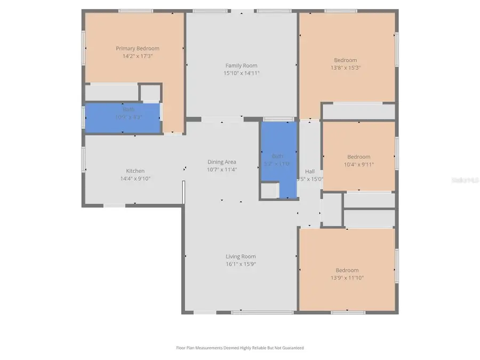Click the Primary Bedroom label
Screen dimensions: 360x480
tap(138, 49)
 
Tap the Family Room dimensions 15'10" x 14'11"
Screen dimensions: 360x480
tap(241, 73)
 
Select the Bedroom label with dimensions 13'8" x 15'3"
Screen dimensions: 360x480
tap(346, 60)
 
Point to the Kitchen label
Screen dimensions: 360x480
tap(135, 171)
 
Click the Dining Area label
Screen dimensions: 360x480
tap(222, 162)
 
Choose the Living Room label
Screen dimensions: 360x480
tap(241, 257)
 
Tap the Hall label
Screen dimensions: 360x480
tap(309, 171)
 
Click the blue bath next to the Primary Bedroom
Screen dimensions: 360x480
tap(123, 117)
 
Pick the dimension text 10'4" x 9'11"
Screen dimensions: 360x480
tap(358, 164)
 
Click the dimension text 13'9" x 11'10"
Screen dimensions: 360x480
tap(347, 278)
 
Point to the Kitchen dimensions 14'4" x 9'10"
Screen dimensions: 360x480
tap(135, 179)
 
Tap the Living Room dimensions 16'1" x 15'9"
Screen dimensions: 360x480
tap(241, 264)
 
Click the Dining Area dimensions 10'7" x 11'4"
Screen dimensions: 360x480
tap(222, 170)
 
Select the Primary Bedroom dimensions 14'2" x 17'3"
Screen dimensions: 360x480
tap(138, 56)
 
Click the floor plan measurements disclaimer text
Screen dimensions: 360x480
tap(240, 348)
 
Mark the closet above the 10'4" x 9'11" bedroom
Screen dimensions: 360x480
tap(358, 111)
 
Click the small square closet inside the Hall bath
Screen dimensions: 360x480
tap(269, 190)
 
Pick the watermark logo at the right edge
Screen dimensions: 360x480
tap(465, 180)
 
